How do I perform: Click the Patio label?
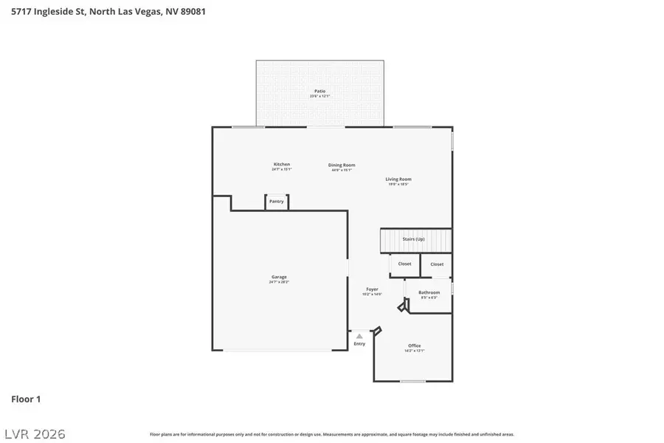(x=319, y=91)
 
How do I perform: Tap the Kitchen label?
(x=281, y=164)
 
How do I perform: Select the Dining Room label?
(x=342, y=165)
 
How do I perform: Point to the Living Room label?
(x=398, y=179)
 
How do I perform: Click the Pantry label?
(x=277, y=201)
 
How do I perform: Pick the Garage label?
(x=279, y=277)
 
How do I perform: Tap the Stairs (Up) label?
(x=413, y=239)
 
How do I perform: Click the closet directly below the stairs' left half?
(x=404, y=264)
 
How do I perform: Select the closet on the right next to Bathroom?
(x=437, y=264)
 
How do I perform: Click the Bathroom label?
(x=429, y=292)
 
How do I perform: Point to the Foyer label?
(x=372, y=289)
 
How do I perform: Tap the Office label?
(x=414, y=346)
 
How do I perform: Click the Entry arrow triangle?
(x=359, y=336)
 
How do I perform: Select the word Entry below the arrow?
(x=359, y=344)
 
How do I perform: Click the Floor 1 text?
(x=26, y=399)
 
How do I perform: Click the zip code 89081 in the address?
(x=190, y=12)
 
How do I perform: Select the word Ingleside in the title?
(x=60, y=12)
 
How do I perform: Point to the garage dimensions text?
(x=279, y=282)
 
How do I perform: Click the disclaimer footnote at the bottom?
(x=332, y=434)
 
